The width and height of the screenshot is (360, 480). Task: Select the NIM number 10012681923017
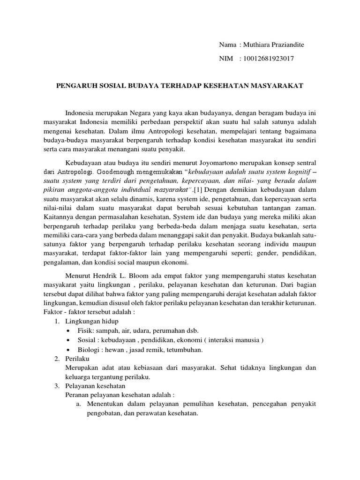[267, 59]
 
